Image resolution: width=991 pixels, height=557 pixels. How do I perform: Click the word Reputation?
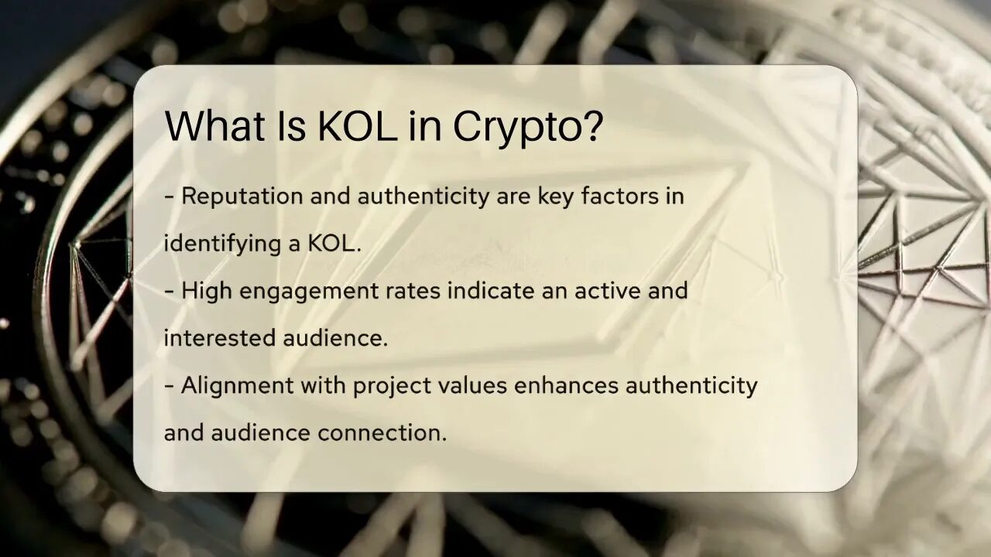tap(242, 196)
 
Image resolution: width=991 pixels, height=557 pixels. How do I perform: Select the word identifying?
tap(222, 244)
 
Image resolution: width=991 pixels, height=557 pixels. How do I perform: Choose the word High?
tap(207, 292)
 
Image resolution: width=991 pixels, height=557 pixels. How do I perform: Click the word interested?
tap(220, 338)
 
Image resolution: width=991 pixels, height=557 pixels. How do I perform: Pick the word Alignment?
tap(238, 386)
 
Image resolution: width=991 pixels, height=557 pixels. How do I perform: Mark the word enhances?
tap(566, 385)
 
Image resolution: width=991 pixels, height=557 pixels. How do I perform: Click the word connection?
tap(382, 432)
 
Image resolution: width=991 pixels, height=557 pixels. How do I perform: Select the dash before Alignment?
tap(169, 386)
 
